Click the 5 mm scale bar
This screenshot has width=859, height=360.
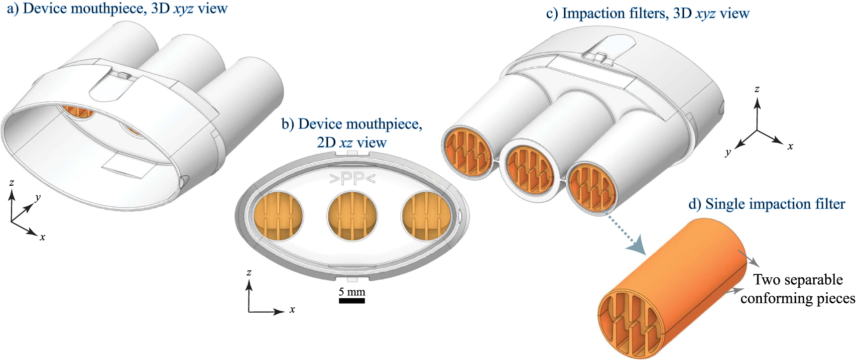tap(352, 300)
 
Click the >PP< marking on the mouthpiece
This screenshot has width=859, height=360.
tap(352, 179)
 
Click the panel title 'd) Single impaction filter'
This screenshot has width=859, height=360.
tap(766, 204)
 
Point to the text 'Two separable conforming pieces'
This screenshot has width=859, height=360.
tap(797, 289)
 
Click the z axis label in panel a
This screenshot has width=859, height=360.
tap(11, 183)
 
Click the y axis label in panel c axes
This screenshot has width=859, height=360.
tap(728, 152)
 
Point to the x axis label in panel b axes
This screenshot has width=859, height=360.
tap(292, 310)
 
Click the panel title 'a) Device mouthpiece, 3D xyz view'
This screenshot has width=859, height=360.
tap(118, 8)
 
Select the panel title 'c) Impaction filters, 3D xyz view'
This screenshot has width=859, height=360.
tap(647, 13)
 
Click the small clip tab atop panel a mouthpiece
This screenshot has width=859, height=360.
tap(123, 76)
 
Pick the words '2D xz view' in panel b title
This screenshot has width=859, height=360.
tap(352, 143)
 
